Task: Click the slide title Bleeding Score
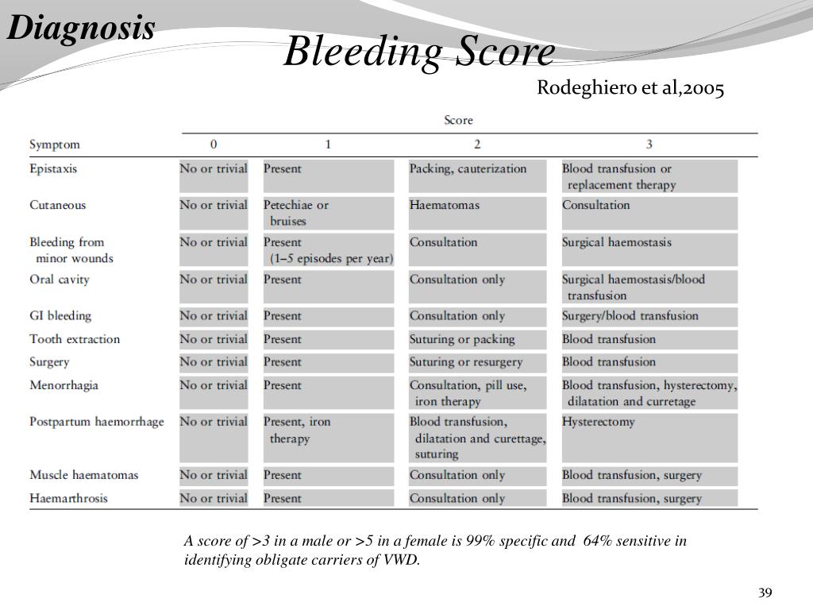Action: click(419, 54)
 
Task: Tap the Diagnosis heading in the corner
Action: click(82, 29)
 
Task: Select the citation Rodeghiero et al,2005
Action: click(630, 88)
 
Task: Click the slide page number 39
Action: click(765, 593)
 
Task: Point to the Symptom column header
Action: click(55, 145)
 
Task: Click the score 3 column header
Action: click(649, 145)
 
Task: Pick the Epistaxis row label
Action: click(53, 168)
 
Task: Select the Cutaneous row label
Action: click(57, 205)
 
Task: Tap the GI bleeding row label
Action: click(60, 315)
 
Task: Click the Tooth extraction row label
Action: click(75, 339)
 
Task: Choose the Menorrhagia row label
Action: click(64, 385)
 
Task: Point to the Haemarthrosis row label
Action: click(68, 499)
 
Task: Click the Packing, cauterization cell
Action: click(468, 168)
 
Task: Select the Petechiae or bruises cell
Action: click(296, 213)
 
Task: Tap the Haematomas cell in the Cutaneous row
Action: click(445, 205)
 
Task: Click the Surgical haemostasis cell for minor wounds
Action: click(617, 242)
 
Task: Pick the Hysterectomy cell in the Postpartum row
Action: click(599, 422)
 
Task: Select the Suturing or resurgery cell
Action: click(466, 362)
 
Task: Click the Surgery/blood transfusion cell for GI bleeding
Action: click(630, 315)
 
